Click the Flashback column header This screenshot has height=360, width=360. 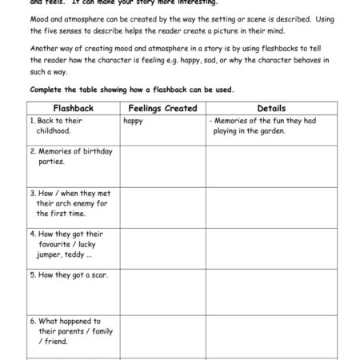click(73, 108)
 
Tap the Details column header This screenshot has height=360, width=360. click(271, 108)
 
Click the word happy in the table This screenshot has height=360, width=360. click(133, 121)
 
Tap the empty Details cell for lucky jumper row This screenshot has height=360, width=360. click(271, 249)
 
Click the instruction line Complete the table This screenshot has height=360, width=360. click(132, 89)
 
